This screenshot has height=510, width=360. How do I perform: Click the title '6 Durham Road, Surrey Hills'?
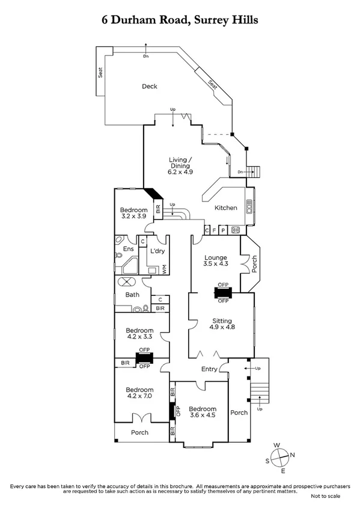click(x=180, y=20)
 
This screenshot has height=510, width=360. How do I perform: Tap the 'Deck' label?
click(x=150, y=87)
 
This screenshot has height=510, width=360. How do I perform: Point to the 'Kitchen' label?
click(x=226, y=208)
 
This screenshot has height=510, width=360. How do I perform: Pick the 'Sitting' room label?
click(x=221, y=321)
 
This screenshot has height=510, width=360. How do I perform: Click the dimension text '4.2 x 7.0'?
click(x=139, y=396)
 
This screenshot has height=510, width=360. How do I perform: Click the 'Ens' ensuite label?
click(x=128, y=249)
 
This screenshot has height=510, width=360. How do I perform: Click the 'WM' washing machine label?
click(x=164, y=269)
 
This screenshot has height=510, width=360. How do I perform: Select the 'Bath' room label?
click(x=132, y=295)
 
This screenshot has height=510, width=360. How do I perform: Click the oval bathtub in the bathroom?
click(x=127, y=281)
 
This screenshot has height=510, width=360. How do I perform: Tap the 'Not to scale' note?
click(x=325, y=496)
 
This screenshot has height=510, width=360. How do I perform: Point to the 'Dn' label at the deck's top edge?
click(x=146, y=57)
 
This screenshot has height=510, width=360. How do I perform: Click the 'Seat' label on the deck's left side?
click(x=100, y=72)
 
